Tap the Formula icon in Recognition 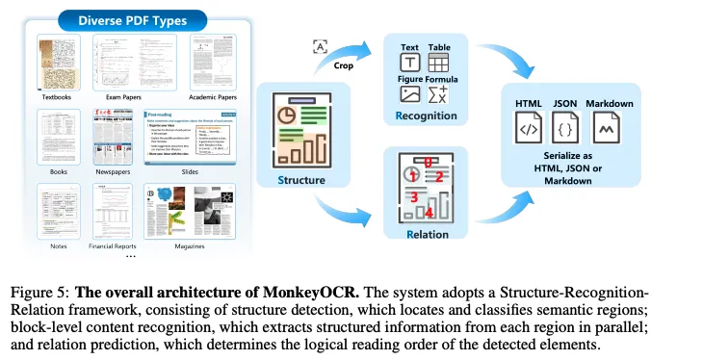tap(438, 94)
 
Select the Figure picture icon tap(409, 94)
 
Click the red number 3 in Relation tap(411, 196)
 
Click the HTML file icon tap(529, 128)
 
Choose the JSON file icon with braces tap(566, 128)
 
